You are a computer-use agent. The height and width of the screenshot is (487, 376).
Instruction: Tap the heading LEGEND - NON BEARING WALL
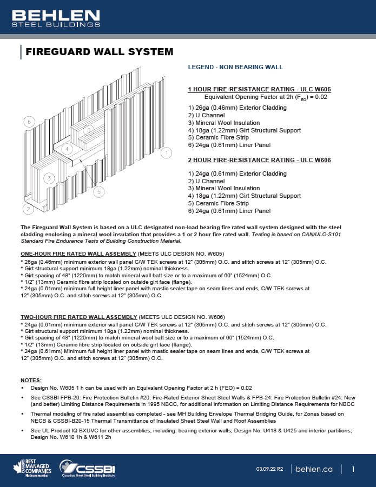[235, 68]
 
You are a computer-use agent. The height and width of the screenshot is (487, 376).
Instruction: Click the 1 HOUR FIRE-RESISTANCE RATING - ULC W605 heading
[259, 89]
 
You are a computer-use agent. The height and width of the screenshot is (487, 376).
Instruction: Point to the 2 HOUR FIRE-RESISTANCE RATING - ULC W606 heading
[259, 160]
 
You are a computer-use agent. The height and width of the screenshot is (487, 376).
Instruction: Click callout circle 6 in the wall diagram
[29, 122]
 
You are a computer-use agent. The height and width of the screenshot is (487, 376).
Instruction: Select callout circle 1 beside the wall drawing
[167, 154]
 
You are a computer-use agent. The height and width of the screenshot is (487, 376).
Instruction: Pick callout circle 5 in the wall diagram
[98, 191]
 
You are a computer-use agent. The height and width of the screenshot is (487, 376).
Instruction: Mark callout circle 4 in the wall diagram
[65, 149]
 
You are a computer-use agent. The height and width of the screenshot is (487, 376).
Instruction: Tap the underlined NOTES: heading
[31, 381]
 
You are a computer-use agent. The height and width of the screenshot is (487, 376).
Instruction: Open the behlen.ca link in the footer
[314, 469]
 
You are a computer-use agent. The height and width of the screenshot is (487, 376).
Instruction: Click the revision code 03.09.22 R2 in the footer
[269, 469]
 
